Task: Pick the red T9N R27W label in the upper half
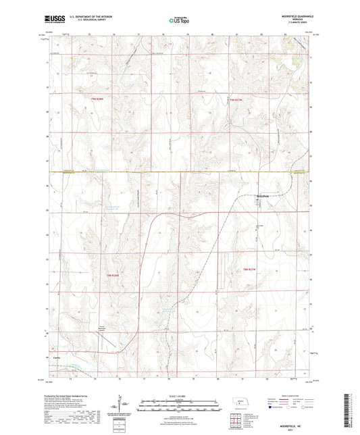pos(233,101)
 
